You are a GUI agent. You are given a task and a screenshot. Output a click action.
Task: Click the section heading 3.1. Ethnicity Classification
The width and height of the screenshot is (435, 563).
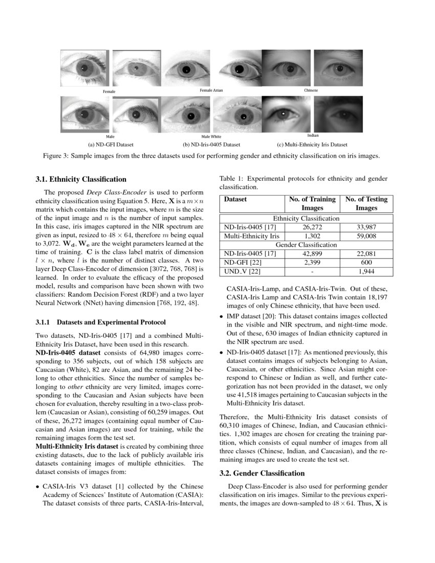pyautogui.click(x=81, y=179)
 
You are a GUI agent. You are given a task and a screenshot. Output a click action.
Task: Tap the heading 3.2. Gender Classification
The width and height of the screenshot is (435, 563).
pyautogui.click(x=262, y=473)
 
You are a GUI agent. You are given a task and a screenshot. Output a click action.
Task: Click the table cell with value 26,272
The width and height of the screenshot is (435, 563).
pyautogui.click(x=312, y=227)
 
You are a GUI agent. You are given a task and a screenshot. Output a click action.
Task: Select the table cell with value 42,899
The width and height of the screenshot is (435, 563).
pyautogui.click(x=312, y=253)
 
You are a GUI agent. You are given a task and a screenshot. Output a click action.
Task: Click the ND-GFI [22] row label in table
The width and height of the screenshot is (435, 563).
pyautogui.click(x=242, y=262)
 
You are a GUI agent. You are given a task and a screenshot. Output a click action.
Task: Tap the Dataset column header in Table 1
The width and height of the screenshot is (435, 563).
pyautogui.click(x=235, y=199)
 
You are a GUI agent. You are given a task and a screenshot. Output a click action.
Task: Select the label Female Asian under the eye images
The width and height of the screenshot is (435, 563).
pyautogui.click(x=211, y=90)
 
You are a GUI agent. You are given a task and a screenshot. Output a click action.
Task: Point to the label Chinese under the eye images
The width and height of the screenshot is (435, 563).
pyautogui.click(x=311, y=90)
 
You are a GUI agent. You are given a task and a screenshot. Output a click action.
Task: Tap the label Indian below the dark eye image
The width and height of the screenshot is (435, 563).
pyautogui.click(x=313, y=136)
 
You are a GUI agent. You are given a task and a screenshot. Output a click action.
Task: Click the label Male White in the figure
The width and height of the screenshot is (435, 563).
pyautogui.click(x=211, y=137)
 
